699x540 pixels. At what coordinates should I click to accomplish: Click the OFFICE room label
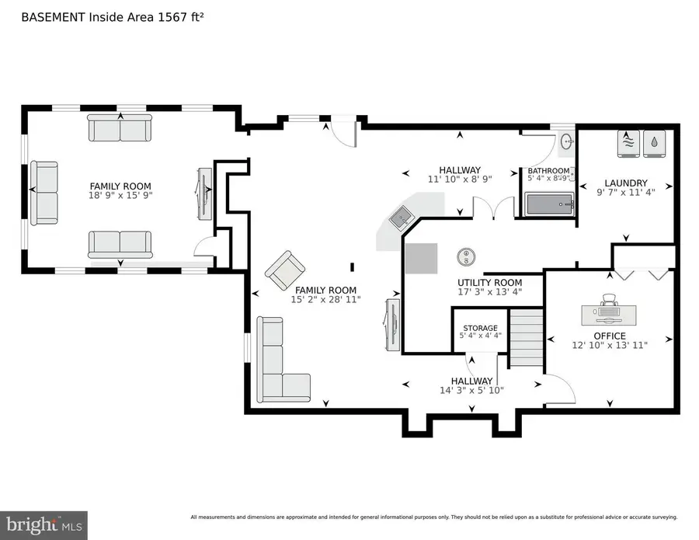(x=609, y=336)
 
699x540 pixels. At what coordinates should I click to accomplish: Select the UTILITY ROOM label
(x=489, y=282)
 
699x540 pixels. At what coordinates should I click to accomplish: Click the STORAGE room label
(x=480, y=328)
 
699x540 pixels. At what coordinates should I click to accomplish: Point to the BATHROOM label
(x=548, y=171)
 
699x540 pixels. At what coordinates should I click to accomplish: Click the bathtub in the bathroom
(x=550, y=205)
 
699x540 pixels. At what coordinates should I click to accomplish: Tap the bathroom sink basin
(x=567, y=142)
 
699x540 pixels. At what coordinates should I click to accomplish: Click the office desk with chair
(x=609, y=311)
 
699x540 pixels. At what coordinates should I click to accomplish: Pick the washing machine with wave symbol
(x=630, y=143)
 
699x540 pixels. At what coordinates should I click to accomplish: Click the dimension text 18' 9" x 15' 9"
(x=120, y=197)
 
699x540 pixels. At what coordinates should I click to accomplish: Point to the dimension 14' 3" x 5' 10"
(x=471, y=391)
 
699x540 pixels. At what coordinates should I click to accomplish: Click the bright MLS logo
(x=43, y=524)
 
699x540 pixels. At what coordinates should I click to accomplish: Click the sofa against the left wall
(x=44, y=189)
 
